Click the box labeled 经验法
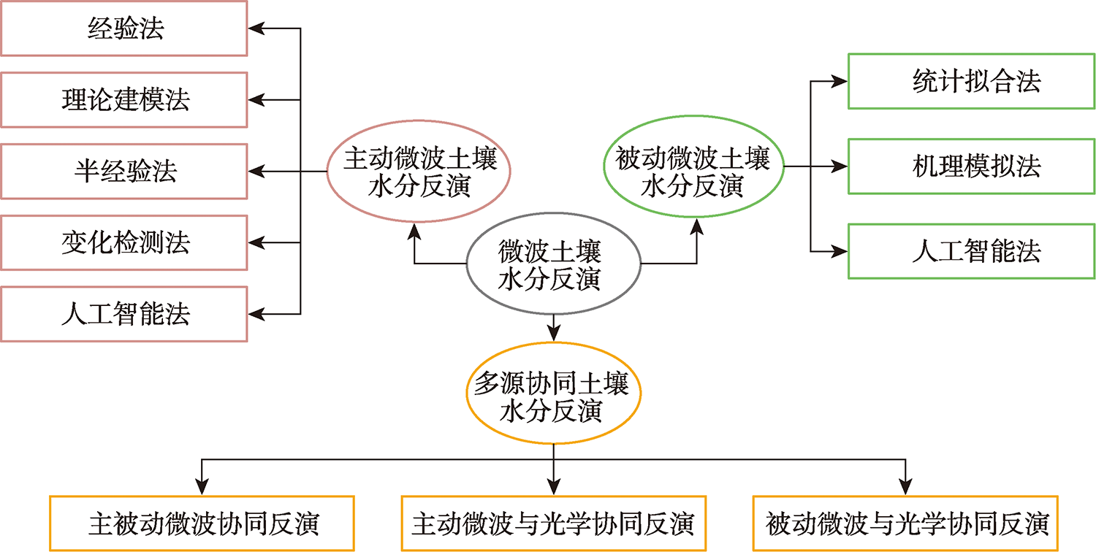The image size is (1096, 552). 124,29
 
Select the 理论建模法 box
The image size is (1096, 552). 124,100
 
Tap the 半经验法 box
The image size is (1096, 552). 124,171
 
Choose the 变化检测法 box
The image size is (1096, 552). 124,242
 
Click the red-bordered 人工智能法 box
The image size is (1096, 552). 124,313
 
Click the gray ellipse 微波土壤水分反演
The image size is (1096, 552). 553,266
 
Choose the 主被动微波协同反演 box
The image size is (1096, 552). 202,524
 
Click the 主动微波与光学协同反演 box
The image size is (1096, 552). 553,524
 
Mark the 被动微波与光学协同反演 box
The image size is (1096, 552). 906,524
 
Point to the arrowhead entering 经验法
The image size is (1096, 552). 255,29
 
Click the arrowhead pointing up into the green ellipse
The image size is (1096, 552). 696,228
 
